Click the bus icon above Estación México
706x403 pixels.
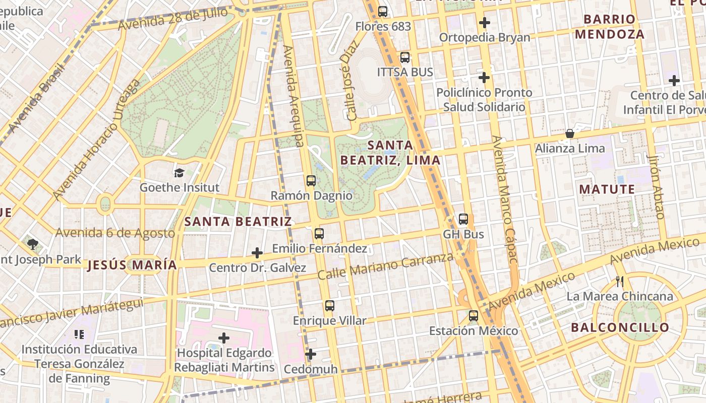pos(473,316)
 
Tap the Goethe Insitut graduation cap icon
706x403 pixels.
pos(179,173)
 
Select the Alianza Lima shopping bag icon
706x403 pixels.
pos(569,133)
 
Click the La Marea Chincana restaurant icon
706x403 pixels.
pos(620,282)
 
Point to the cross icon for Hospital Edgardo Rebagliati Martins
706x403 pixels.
pos(224,338)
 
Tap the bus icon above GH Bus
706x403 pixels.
pos(463,219)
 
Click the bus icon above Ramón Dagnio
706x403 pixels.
pos(311,181)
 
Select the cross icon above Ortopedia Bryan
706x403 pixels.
pos(484,23)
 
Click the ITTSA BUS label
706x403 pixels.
pos(405,72)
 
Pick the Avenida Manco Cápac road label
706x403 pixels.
pos(505,199)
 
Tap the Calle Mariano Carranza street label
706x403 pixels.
pos(386,266)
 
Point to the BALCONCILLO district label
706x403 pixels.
pos(620,327)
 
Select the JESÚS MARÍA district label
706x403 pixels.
pos(132,265)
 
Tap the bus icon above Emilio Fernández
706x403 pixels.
pos(319,234)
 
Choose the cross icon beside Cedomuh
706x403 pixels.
pos(311,355)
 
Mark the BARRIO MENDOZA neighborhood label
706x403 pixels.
pos(609,27)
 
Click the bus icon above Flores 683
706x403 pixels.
pos(383,11)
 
